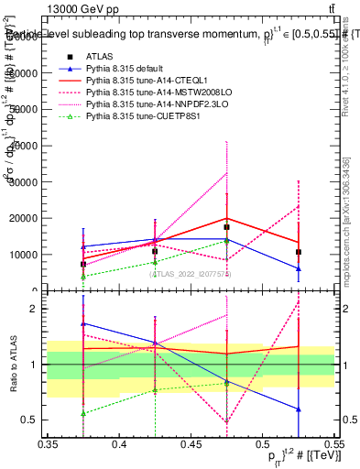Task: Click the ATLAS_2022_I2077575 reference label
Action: point(191,273)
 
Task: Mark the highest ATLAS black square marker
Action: point(226,227)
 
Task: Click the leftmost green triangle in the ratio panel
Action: point(83,413)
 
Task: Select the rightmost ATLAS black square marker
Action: point(298,252)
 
